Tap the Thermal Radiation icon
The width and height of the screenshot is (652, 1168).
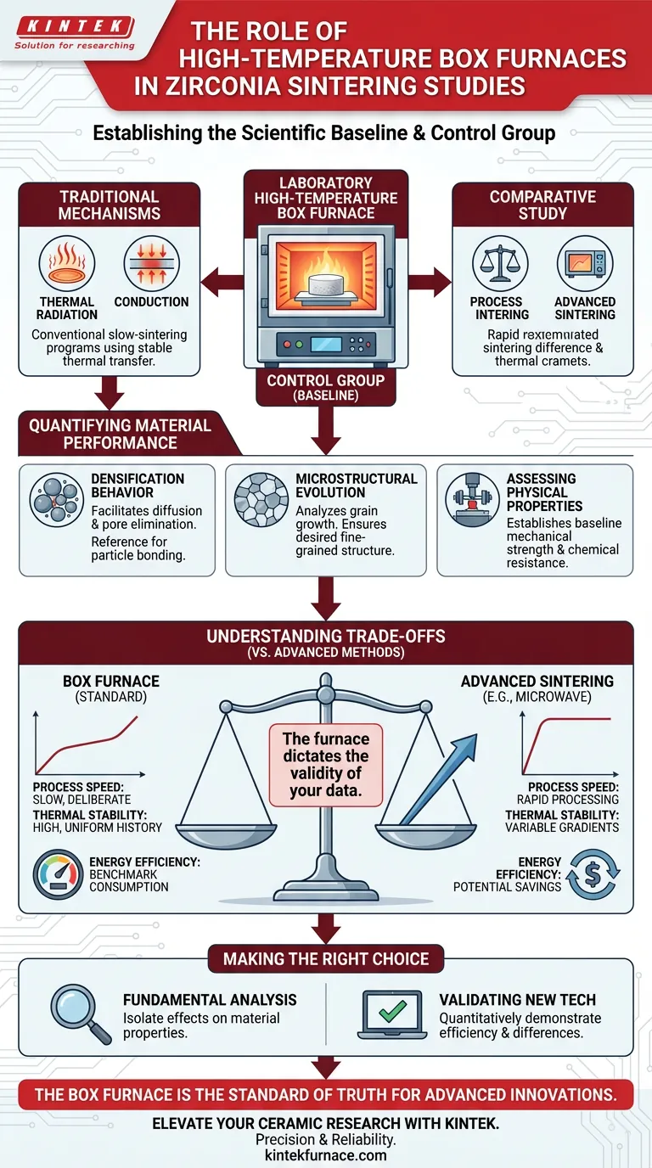[x=68, y=265]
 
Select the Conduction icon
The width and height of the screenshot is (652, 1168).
[x=151, y=265]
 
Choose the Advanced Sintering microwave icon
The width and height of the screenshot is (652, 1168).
[x=585, y=265]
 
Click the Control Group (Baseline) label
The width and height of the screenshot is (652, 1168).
[x=326, y=386]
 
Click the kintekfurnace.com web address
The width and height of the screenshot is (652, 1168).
[x=326, y=1154]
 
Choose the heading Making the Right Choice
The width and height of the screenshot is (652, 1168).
[x=326, y=959]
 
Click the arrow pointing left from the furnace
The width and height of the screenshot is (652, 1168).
[x=223, y=282]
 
